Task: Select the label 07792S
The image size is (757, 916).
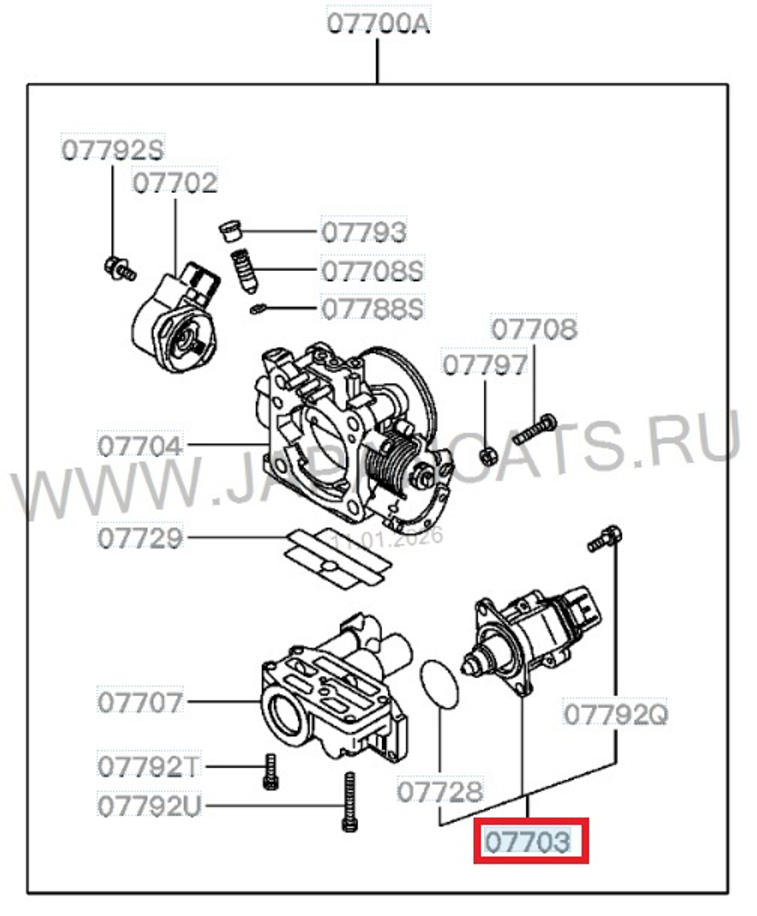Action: (112, 149)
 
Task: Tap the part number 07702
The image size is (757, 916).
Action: (175, 183)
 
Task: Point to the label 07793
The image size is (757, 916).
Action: (364, 232)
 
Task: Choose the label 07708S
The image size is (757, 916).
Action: (372, 270)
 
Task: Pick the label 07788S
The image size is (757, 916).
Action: (372, 308)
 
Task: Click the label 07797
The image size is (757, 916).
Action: (484, 365)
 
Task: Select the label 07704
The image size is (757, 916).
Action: (141, 445)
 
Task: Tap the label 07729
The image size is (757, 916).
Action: (141, 538)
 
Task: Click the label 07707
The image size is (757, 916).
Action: (141, 702)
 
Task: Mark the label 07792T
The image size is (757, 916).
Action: (148, 767)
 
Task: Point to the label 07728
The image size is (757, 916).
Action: (440, 792)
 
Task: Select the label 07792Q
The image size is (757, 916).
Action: (615, 714)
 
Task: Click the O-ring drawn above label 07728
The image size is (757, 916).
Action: (440, 684)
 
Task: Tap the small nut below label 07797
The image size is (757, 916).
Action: (488, 456)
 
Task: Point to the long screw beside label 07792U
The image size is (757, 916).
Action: (349, 802)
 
